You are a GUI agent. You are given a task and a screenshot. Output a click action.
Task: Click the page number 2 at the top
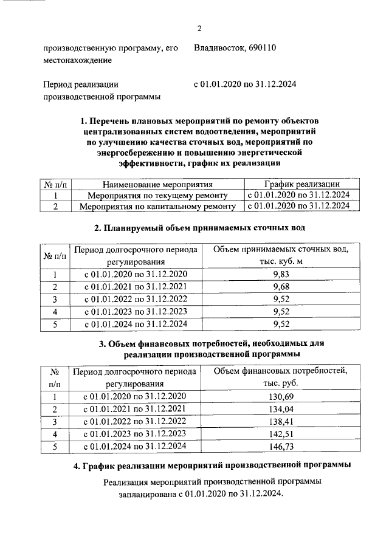(x=199, y=29)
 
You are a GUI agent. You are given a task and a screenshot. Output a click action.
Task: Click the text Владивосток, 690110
(x=235, y=49)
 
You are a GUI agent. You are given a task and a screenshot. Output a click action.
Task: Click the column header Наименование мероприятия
(x=157, y=184)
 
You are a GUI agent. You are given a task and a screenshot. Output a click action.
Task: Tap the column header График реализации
(x=300, y=184)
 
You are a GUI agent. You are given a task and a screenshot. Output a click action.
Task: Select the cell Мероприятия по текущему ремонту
(x=157, y=195)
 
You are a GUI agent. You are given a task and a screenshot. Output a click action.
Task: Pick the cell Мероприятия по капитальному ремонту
(x=157, y=206)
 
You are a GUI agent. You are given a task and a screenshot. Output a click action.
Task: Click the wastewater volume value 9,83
(x=280, y=275)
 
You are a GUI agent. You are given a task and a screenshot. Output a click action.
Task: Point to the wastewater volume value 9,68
(x=280, y=286)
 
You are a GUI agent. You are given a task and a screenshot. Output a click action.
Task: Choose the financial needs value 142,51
(x=280, y=434)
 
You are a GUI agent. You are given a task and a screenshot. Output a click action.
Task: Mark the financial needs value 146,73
(x=280, y=446)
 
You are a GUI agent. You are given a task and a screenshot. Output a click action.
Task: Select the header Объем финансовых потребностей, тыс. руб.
(x=280, y=377)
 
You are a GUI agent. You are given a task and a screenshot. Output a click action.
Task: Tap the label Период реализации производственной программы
(x=102, y=91)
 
